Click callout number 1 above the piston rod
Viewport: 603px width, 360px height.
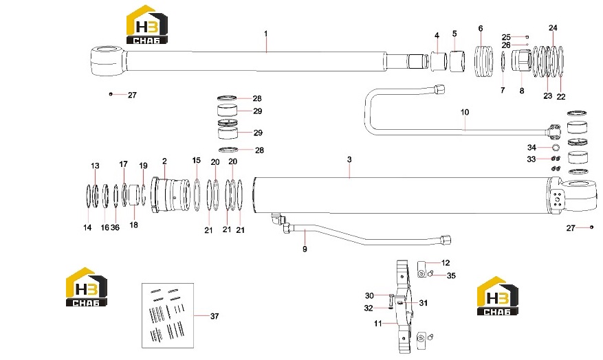265,34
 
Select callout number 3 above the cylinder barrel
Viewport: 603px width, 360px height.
349,159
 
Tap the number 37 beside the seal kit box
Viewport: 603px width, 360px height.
215,316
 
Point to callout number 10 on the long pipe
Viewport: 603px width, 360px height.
465,112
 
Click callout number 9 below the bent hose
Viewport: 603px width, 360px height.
305,249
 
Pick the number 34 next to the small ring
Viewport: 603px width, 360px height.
531,148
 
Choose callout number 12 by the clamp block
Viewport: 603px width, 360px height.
446,263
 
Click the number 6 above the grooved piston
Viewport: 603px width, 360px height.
481,29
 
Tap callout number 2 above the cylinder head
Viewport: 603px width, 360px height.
164,161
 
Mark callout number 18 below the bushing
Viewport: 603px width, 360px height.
133,225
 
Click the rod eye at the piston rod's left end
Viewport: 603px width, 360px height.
108,61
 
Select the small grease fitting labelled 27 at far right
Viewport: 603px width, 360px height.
591,227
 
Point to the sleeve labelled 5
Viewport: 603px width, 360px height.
457,60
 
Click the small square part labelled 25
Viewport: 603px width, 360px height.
527,37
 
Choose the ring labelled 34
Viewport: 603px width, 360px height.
556,147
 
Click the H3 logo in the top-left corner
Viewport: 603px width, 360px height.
147,25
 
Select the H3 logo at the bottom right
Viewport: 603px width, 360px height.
497,296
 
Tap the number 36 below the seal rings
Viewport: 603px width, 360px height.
115,227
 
